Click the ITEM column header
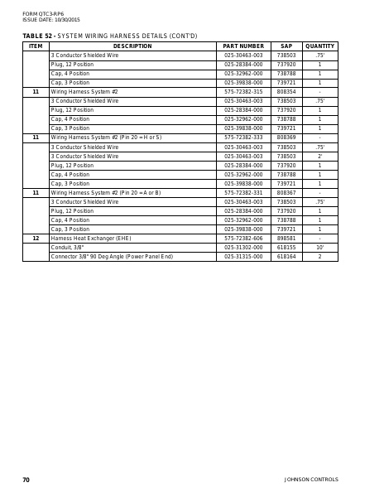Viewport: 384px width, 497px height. pos(36,46)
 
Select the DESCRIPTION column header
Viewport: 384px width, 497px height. pos(132,46)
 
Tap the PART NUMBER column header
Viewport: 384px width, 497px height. pos(243,46)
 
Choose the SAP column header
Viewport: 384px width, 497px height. pos(286,46)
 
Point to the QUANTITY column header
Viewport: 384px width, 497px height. pos(319,46)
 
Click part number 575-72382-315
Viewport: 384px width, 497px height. pos(243,92)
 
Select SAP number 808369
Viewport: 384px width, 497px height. pos(286,138)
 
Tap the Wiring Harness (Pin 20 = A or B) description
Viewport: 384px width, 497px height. pos(106,193)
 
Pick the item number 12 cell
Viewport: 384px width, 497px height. pos(36,239)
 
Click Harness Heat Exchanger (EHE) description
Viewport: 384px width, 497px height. pos(91,239)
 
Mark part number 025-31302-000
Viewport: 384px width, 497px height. pos(243,248)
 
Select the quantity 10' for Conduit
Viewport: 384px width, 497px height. pos(319,248)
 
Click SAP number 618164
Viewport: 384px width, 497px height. pos(286,257)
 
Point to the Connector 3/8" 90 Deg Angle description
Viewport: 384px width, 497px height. pos(112,257)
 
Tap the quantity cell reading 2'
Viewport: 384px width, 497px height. pos(319,156)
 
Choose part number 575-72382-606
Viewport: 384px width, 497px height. pos(243,239)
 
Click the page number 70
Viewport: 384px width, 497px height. pos(26,480)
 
